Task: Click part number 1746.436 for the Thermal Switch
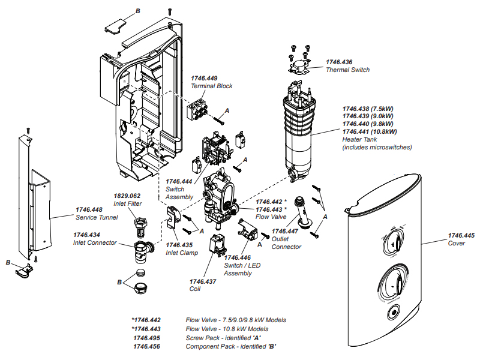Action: coord(339,62)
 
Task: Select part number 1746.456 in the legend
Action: coord(147,346)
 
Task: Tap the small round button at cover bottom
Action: coord(395,312)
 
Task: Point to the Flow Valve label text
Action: coord(271,217)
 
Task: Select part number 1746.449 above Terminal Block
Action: coord(204,78)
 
